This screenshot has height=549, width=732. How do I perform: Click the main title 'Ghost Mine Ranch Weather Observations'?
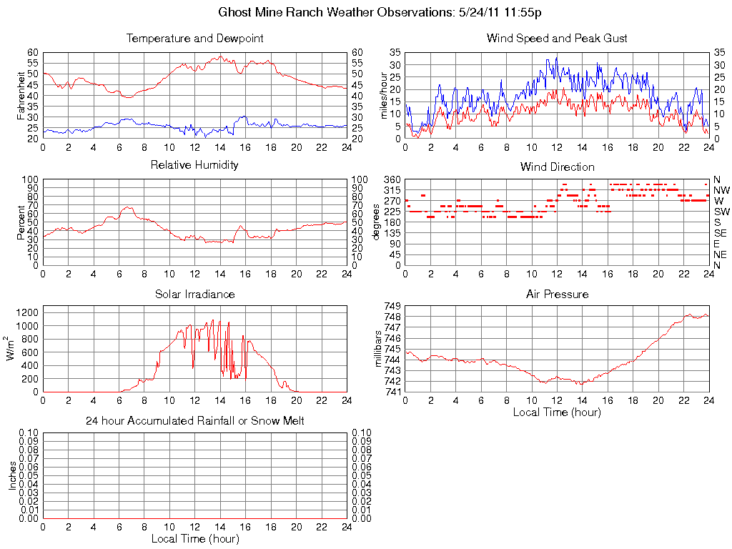coord(380,12)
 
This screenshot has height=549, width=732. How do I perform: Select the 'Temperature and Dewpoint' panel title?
coord(194,38)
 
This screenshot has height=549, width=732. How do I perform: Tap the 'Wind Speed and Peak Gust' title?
coord(557,38)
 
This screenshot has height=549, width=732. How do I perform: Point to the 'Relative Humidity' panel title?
coord(194,165)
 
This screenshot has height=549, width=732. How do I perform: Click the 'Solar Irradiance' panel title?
coord(194,294)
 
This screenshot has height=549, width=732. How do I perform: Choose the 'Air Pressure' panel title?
coord(557,294)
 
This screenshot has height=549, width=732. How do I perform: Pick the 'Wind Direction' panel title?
coord(557,167)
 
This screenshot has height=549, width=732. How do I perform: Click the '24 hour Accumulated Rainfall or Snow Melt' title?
coord(194,421)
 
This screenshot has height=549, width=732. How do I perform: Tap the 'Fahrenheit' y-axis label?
coord(22,95)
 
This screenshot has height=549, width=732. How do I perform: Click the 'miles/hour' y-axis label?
coord(385,95)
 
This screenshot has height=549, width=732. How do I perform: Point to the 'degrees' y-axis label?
coord(377,222)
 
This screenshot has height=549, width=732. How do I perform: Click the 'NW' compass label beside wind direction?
coord(721,190)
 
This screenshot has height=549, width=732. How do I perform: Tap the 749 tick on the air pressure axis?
coord(392,306)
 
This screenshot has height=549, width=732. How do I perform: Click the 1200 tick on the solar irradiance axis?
coord(26,312)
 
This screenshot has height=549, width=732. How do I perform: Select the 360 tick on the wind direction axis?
coord(391,179)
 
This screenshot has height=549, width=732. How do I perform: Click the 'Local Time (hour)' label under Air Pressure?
coord(557,412)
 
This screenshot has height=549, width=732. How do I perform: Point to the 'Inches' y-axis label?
coord(13,475)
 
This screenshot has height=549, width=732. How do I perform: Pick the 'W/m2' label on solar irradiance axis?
coord(12,349)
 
